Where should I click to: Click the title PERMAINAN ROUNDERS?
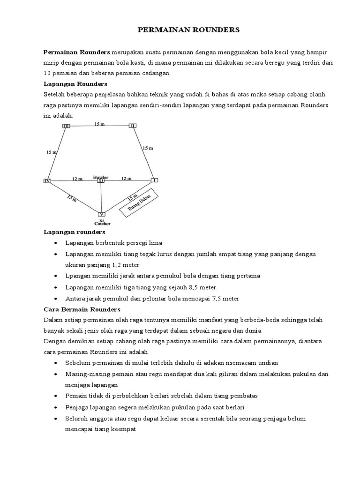coord(188,30)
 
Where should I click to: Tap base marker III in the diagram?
coord(66,126)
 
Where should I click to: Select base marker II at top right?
coord(133,125)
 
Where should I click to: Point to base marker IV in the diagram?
coord(47,181)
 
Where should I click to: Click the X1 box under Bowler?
coord(101,181)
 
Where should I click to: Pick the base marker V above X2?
coord(101,214)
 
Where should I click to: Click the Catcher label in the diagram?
coord(102,224)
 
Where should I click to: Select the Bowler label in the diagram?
coord(101,177)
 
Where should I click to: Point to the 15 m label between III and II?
coord(99,124)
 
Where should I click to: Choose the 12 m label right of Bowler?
coord(126,179)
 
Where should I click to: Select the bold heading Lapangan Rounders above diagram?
coord(75,84)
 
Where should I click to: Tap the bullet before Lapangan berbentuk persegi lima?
coord(56,243)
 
